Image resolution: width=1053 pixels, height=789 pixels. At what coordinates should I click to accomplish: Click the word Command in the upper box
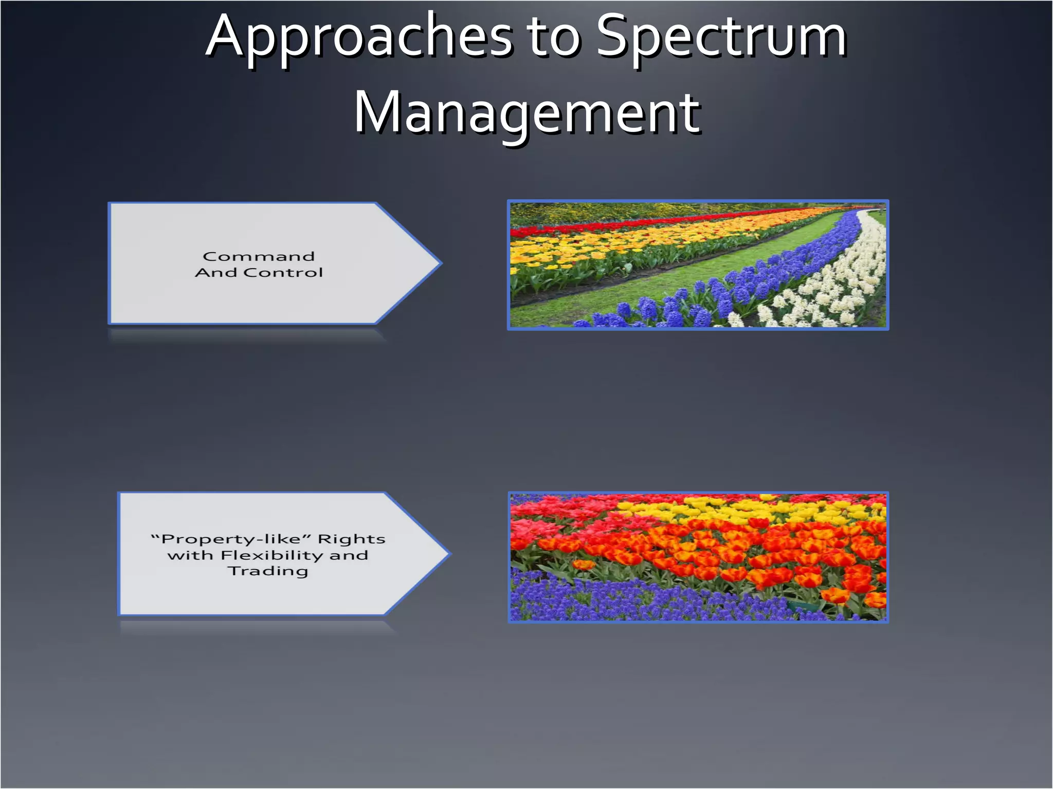coord(259,256)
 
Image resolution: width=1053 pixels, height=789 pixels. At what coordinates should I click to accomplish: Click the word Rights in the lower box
coord(352,539)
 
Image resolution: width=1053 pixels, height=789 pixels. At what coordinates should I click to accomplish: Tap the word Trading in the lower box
coord(268,571)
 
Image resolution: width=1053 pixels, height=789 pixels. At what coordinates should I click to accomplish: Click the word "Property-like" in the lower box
coord(231,539)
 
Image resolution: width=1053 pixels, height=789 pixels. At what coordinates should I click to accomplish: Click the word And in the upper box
coord(216,272)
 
